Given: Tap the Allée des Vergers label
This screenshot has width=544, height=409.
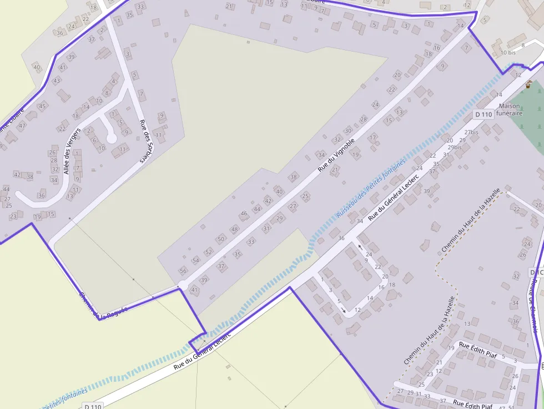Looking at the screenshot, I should [72, 150].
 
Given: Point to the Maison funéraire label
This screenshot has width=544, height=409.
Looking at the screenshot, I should [510, 109].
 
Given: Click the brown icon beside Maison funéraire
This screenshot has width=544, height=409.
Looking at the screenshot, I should [528, 85].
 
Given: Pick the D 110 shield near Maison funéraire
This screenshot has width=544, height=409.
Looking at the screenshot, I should [483, 114].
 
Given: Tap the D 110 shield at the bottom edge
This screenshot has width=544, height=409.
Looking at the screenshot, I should [94, 406].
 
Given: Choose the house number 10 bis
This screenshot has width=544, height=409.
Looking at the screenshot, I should [508, 53].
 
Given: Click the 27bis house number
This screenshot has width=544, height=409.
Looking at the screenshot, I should [471, 133].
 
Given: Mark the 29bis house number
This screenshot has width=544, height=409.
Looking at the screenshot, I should [454, 147].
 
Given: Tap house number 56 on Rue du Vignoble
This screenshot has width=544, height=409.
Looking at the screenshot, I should [183, 271].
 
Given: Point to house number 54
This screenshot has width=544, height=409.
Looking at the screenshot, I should [195, 260].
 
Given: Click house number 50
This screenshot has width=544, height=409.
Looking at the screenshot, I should [221, 239].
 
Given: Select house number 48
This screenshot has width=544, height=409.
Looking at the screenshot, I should [234, 229].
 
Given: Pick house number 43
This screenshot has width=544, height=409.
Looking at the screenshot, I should [57, 80].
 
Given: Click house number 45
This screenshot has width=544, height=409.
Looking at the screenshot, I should [42, 105].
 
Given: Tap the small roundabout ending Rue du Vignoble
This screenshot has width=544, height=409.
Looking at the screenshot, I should [182, 286].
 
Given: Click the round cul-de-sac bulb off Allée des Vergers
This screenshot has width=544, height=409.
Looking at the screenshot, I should [112, 138].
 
